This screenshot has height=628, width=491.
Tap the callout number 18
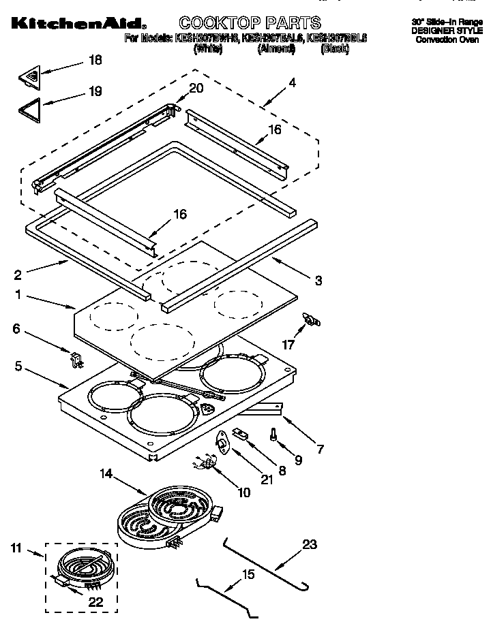pyautogui.click(x=95, y=60)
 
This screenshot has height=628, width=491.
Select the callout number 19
pyautogui.click(x=95, y=91)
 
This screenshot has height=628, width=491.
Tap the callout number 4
pyautogui.click(x=292, y=82)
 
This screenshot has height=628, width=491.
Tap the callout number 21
pyautogui.click(x=266, y=480)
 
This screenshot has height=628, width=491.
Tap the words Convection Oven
pyautogui.click(x=449, y=40)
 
